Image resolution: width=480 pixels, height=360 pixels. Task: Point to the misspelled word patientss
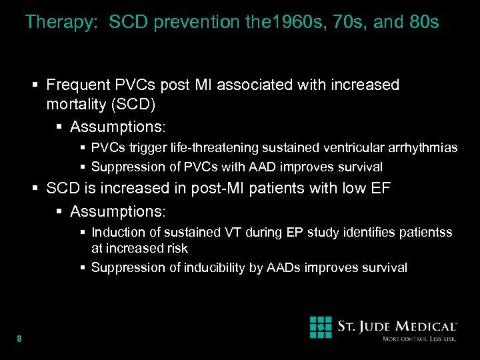click(425, 232)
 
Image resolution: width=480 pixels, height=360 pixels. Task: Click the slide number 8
click(19, 339)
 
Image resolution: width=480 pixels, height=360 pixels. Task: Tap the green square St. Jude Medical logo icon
click(321, 327)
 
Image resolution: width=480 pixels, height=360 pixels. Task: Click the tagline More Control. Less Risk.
click(419, 340)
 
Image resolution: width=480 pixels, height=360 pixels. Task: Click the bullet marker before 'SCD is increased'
click(36, 189)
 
